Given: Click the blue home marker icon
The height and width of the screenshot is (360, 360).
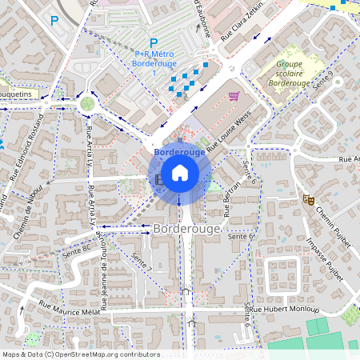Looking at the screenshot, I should click(180, 172).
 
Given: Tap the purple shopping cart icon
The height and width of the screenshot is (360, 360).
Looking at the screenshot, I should click(234, 96).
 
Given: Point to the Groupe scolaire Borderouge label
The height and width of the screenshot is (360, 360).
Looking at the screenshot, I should click(289, 72).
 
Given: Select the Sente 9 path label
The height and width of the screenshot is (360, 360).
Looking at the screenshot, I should click(324, 79).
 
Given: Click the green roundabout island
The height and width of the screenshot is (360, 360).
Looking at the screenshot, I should click(86, 102).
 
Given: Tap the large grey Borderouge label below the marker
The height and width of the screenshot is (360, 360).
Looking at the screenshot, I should click(180, 229).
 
